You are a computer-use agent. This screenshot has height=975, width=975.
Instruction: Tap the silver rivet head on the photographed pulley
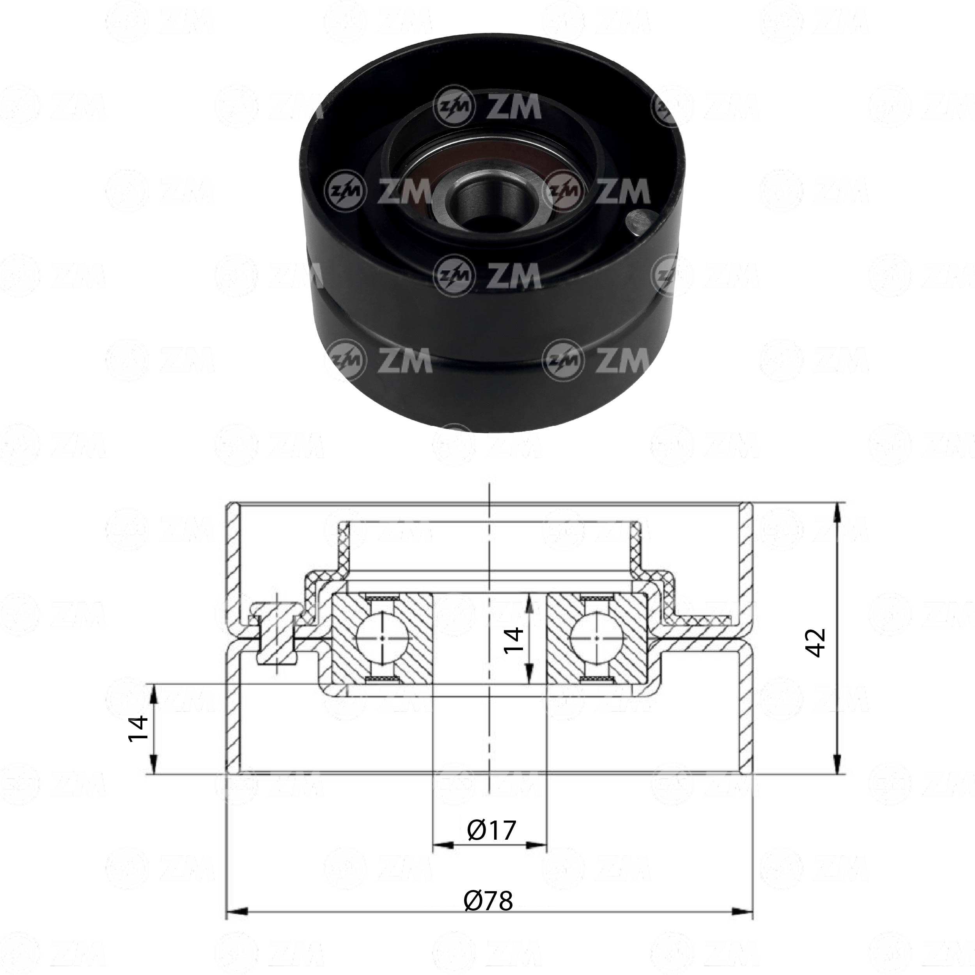638,222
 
